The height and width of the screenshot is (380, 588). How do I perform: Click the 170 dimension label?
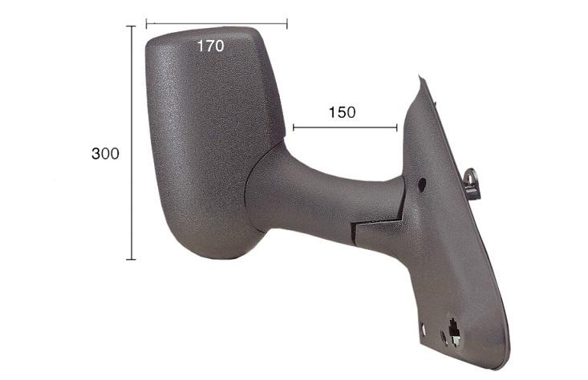[210, 46]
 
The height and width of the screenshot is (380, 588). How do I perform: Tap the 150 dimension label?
[342, 112]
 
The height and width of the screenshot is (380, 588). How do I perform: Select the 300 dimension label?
[105, 153]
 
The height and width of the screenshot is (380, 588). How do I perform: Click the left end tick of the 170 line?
[147, 24]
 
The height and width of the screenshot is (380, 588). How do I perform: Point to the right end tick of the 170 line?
[287, 24]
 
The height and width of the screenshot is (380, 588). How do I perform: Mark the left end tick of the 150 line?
[294, 127]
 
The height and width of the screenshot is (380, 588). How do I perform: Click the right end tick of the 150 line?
[397, 127]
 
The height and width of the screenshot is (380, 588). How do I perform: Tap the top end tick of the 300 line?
[131, 26]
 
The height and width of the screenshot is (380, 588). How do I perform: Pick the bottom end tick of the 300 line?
[131, 259]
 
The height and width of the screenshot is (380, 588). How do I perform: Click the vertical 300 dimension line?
[132, 143]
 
